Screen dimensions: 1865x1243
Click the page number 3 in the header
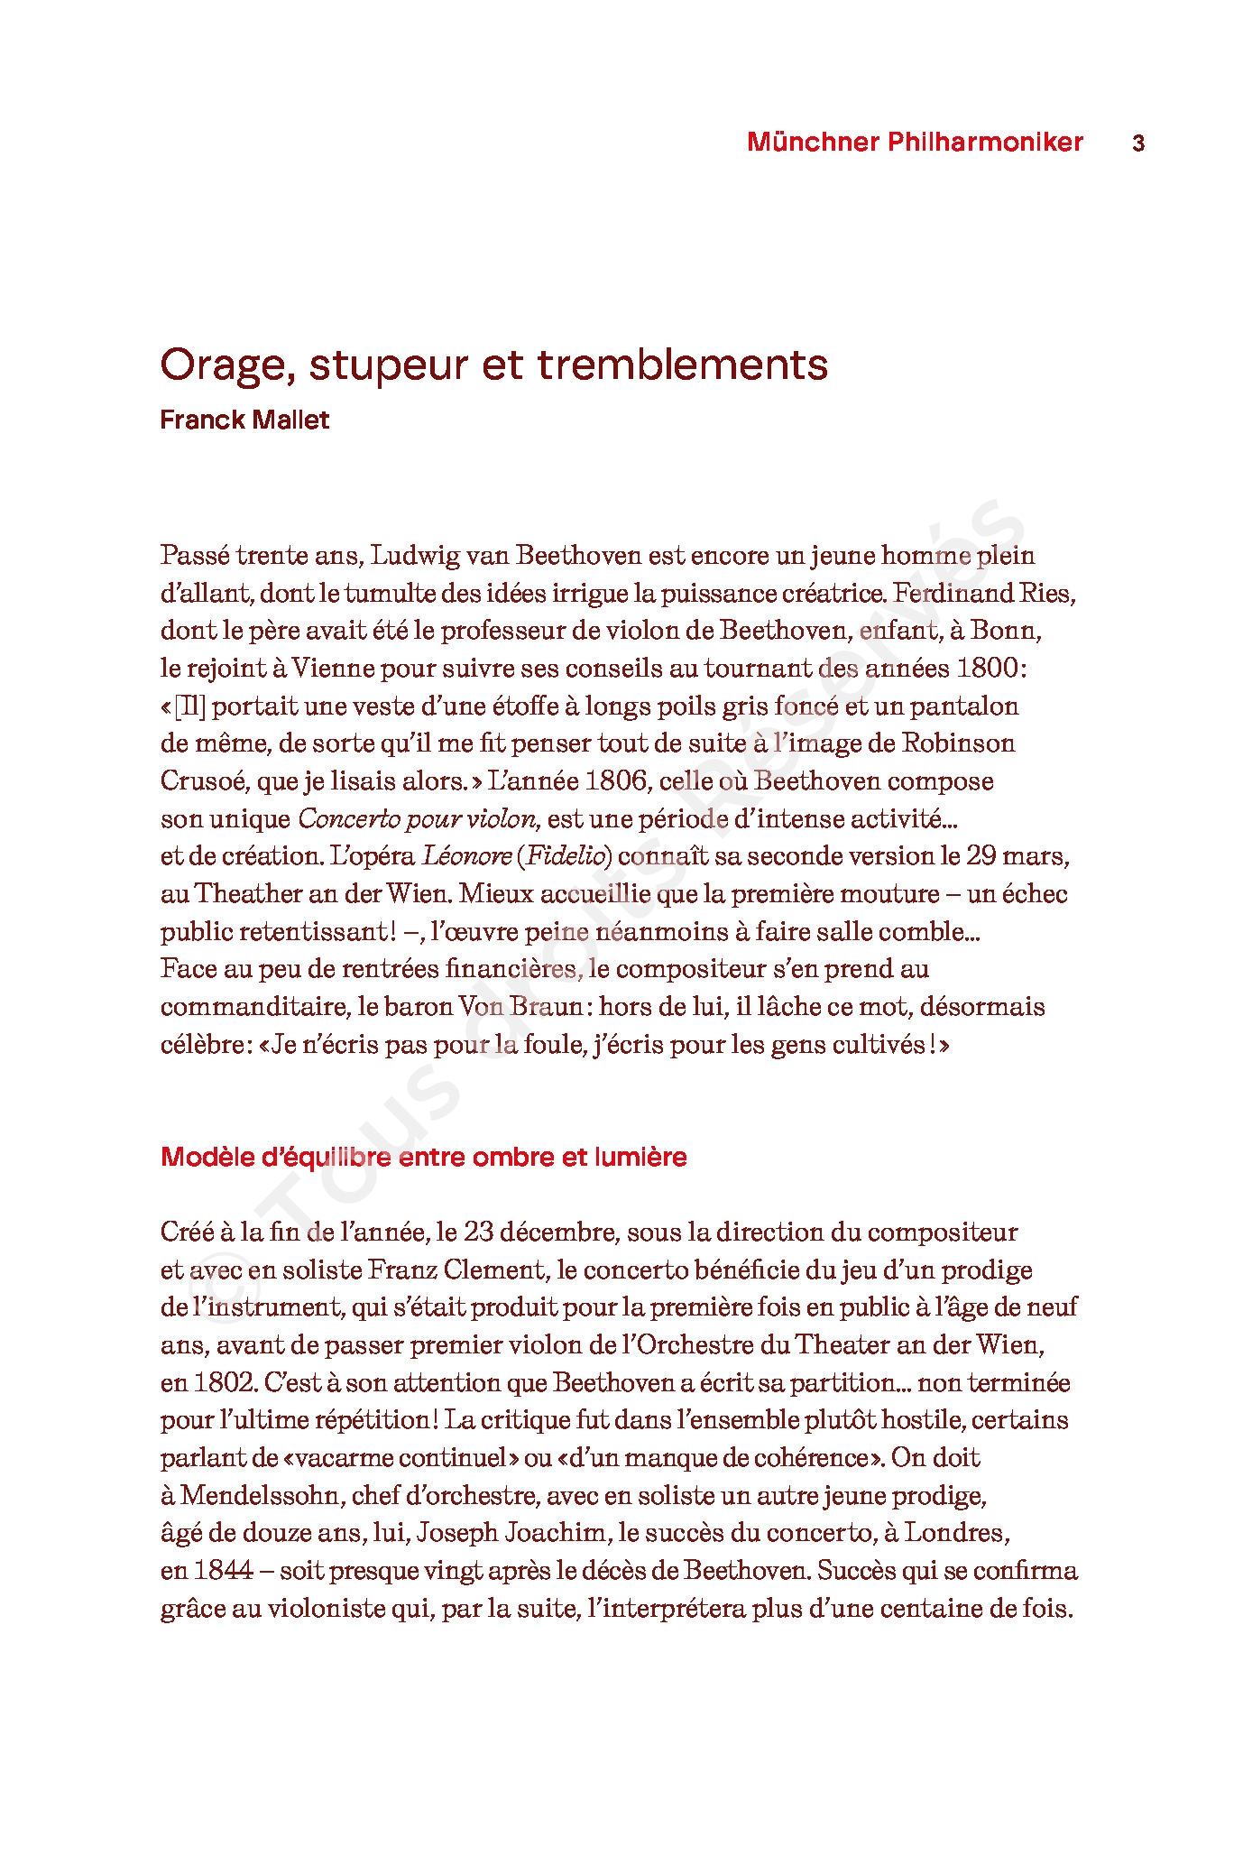[x=1137, y=143]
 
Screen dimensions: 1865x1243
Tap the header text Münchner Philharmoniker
[x=915, y=143]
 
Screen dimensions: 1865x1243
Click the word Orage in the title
[x=226, y=365]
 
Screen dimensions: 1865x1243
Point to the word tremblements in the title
[x=682, y=365]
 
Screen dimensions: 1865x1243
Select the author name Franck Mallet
[x=244, y=420]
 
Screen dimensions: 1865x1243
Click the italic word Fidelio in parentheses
[x=565, y=856]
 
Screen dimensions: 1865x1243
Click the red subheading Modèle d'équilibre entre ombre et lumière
[x=423, y=1158]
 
